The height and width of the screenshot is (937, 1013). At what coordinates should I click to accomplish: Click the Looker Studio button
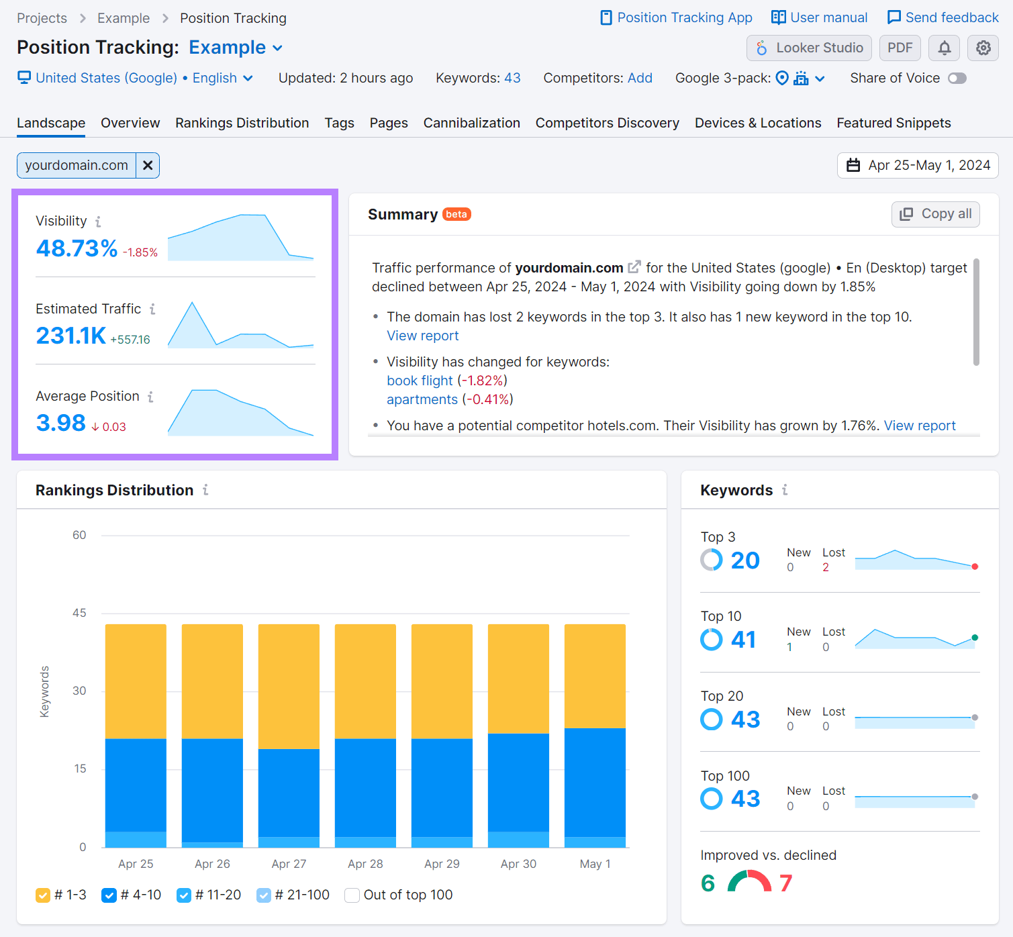[x=809, y=48]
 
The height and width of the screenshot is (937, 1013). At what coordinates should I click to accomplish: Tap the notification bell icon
[x=944, y=48]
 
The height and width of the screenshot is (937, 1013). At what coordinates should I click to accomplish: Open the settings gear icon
[x=983, y=48]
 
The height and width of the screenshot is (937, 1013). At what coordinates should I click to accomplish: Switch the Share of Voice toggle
[x=957, y=79]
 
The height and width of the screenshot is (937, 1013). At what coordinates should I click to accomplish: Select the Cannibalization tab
[x=471, y=123]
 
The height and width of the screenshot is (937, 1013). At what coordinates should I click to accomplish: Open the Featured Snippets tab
[x=893, y=123]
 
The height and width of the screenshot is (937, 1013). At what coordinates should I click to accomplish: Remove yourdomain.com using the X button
[x=148, y=165]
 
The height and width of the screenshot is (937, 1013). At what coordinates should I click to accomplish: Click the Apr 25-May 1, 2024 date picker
[x=918, y=165]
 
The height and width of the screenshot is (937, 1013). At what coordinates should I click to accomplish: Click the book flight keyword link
[x=420, y=381]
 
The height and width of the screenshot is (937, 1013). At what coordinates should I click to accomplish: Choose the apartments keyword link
[x=422, y=399]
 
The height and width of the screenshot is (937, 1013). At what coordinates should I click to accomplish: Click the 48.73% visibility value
[x=77, y=248]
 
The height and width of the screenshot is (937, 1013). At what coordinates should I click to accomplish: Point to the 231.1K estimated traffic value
[x=70, y=336]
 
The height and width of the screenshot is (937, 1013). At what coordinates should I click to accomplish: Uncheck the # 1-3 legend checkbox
[x=43, y=895]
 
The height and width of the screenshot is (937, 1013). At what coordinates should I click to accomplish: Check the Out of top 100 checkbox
[x=352, y=895]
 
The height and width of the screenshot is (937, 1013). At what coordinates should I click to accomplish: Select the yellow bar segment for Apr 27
[x=289, y=686]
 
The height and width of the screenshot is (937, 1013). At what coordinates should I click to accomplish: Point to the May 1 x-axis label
[x=595, y=864]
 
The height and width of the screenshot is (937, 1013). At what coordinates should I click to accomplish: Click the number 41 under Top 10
[x=743, y=640]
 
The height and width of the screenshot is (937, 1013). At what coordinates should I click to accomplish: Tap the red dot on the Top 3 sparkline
[x=975, y=566]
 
